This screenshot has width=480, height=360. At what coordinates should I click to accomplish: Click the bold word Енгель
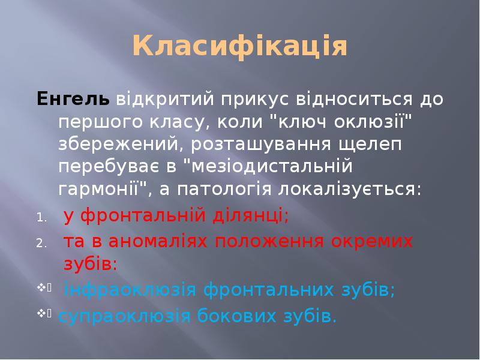[73, 98]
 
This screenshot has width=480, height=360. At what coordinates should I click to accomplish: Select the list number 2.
[40, 243]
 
